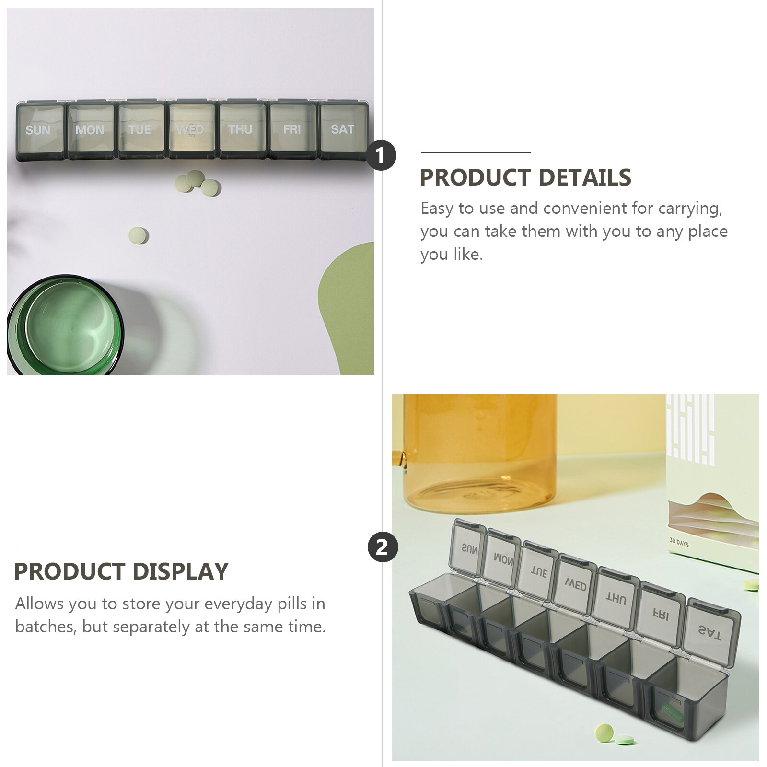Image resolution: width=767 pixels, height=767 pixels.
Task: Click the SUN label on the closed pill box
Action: point(38,130)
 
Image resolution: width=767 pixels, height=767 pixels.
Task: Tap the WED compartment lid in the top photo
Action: point(190,129)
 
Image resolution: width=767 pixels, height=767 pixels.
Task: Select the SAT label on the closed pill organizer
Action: point(342,129)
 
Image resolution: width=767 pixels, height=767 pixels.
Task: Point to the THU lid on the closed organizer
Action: point(241,129)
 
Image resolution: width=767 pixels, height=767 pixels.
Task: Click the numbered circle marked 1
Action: point(381,156)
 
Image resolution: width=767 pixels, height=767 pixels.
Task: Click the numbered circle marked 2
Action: point(383,547)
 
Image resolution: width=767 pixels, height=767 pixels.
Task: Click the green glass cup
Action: point(65,326)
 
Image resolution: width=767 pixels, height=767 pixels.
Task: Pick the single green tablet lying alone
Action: point(138,235)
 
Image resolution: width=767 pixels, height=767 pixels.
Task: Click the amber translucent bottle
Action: point(479,451)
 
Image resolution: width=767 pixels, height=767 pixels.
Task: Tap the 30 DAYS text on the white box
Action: point(678,543)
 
